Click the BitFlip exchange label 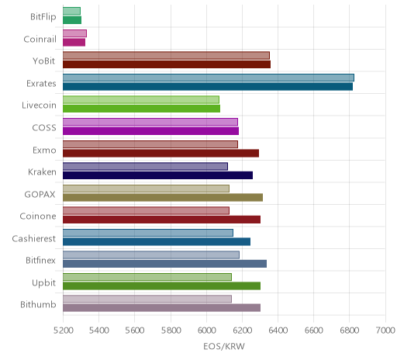pos(43,17)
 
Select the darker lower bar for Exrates pos(208,87)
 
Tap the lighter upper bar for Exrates pos(209,78)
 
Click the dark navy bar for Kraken pos(157,175)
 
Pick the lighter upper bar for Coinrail pos(74,33)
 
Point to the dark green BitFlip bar pos(72,20)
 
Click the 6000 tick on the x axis pos(206,331)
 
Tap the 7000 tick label pos(385,331)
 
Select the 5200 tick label pos(63,331)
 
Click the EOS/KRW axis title pos(224,346)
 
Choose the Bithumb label pos(38,305)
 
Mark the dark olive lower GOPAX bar pos(163,197)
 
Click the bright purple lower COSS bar pos(150,131)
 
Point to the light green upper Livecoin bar pos(141,99)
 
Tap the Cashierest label pos(34,238)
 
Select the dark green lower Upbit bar pos(161,286)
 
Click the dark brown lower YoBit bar pos(167,64)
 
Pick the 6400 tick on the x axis pos(278,331)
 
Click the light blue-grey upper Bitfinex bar pos(151,254)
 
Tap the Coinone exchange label pos(38,216)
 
